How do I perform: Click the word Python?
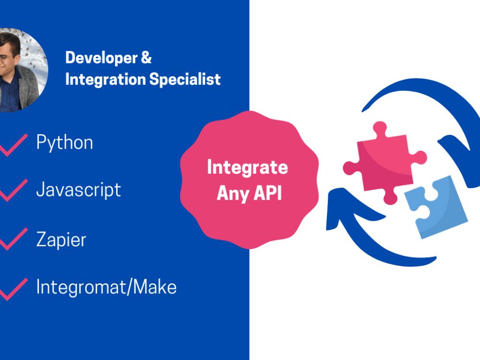[x=64, y=143]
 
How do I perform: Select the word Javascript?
[x=78, y=190]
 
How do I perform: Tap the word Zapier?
[x=61, y=239]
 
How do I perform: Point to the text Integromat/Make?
[x=106, y=287]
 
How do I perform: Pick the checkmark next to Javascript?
[x=13, y=191]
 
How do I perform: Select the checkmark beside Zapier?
[x=13, y=239]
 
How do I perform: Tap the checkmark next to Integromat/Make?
[x=13, y=288]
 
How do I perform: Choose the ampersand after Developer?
[x=146, y=58]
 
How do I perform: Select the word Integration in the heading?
[x=105, y=79]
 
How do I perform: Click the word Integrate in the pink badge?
[x=247, y=168]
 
